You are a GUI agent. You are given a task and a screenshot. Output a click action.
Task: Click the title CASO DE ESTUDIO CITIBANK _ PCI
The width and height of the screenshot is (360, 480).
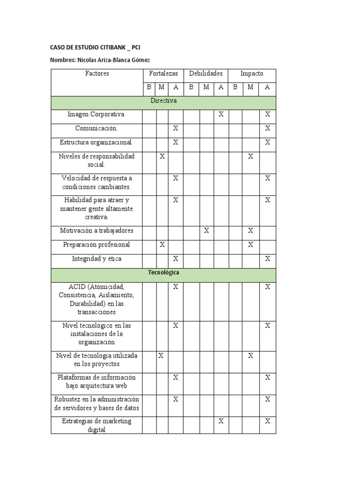click(95, 47)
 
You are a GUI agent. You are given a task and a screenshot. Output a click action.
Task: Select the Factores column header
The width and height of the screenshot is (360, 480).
click(97, 74)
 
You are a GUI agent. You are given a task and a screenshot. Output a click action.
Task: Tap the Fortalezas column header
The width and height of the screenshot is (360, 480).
click(164, 74)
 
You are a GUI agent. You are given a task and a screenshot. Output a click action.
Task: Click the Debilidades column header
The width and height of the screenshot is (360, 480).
click(206, 74)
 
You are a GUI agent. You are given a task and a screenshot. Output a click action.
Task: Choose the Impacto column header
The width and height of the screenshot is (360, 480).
click(252, 74)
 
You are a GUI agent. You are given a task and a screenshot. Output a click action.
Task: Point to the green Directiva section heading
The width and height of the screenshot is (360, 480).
click(164, 101)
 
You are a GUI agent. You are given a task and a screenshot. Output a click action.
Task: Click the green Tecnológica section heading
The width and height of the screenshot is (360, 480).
click(164, 272)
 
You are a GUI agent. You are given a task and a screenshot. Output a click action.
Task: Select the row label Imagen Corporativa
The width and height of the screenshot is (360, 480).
click(97, 114)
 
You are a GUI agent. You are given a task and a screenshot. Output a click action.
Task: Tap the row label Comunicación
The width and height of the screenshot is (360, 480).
click(97, 128)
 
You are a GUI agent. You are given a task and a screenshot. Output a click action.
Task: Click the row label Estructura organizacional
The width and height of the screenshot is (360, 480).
click(97, 142)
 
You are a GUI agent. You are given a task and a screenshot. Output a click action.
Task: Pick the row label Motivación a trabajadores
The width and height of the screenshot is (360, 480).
click(97, 231)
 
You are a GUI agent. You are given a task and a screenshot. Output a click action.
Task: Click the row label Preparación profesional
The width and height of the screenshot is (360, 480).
click(97, 245)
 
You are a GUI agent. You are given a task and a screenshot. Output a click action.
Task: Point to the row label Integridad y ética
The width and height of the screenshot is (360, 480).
click(97, 259)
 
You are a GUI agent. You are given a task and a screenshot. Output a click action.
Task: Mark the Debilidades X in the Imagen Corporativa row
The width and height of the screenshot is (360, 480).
click(221, 114)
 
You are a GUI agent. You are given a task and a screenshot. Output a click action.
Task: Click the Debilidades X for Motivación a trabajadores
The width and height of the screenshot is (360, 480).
click(206, 231)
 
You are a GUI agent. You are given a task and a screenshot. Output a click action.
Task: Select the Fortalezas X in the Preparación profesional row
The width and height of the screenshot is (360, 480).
click(162, 245)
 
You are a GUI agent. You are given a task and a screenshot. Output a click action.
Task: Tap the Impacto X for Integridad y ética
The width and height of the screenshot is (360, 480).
click(267, 259)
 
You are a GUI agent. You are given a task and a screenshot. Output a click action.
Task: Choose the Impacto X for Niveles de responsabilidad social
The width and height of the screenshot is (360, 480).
click(250, 156)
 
